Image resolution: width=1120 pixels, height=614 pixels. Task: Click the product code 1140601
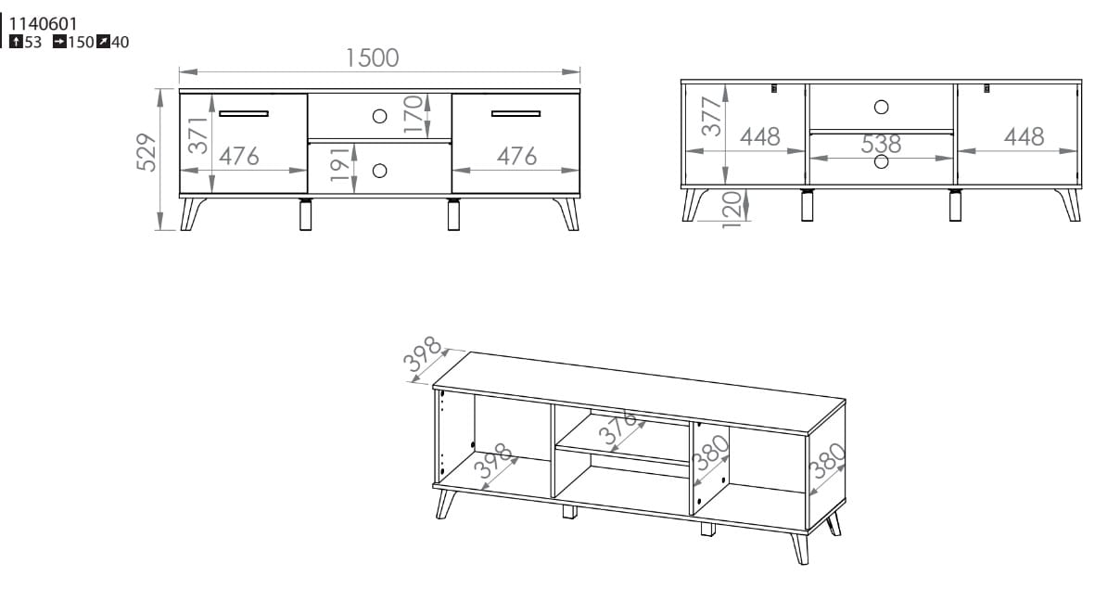(x=44, y=23)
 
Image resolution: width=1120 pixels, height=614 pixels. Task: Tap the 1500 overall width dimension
(x=373, y=58)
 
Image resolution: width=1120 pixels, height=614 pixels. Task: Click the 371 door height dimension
(x=198, y=135)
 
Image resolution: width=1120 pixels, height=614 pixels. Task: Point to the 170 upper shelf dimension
(x=413, y=115)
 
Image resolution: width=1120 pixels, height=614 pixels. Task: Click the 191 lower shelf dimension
(x=340, y=164)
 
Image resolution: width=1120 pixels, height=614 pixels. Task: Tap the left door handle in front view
(x=244, y=113)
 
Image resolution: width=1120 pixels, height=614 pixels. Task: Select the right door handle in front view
(x=516, y=113)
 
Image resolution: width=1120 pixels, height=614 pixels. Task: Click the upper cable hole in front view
(x=379, y=117)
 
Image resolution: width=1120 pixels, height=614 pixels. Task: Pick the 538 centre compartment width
(x=881, y=144)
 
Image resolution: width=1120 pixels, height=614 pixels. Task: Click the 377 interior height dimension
(x=711, y=117)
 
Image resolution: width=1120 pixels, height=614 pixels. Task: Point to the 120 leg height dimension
(x=732, y=210)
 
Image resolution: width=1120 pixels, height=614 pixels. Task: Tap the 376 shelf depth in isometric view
(x=617, y=427)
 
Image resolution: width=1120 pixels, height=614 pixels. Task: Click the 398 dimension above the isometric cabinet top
(x=423, y=353)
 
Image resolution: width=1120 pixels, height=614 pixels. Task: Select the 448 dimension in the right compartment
(x=1024, y=136)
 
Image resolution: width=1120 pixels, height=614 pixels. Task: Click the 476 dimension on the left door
(x=239, y=157)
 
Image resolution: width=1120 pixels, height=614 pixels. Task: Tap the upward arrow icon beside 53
(x=16, y=42)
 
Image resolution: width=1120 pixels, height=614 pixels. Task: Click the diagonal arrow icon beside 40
(x=104, y=42)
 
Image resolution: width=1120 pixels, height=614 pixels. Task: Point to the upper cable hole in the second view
(x=882, y=107)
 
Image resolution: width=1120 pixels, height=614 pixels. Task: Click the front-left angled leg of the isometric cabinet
(x=446, y=504)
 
